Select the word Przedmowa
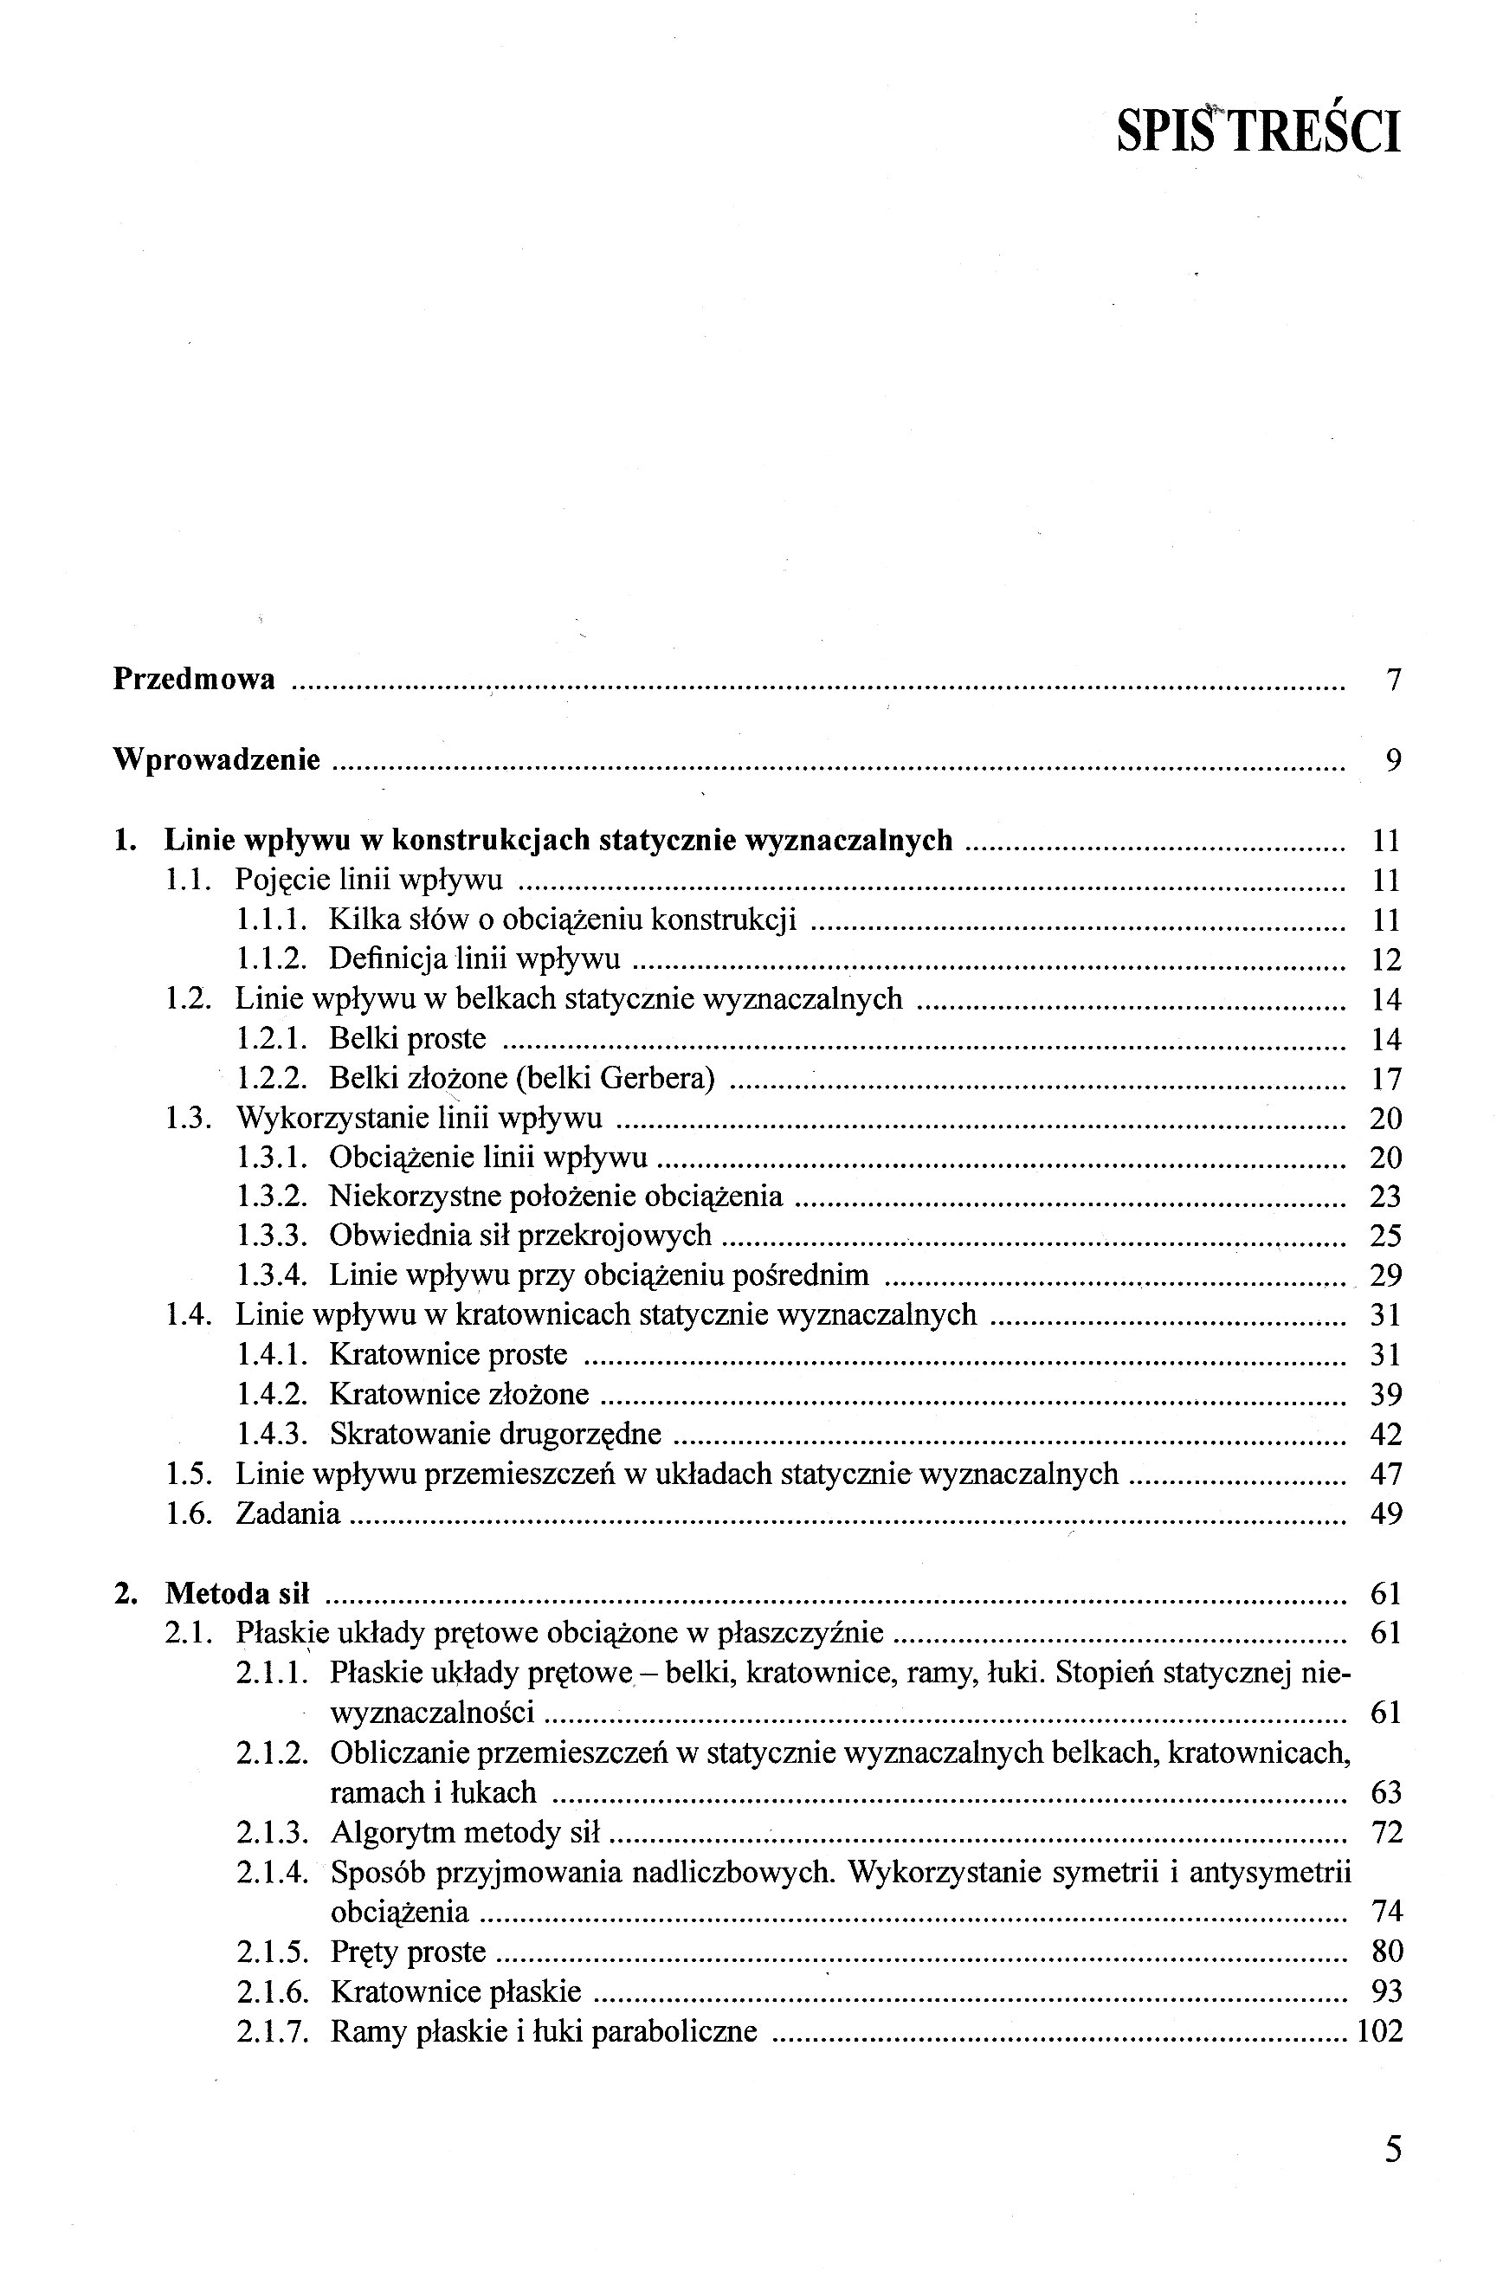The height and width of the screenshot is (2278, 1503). coord(194,680)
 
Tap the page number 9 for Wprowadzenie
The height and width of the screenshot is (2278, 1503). coord(1393,761)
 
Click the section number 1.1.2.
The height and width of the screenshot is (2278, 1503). coord(271,959)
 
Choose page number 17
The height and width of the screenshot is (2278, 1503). coord(1386,1079)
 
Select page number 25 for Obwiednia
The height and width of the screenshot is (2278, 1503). coord(1386,1236)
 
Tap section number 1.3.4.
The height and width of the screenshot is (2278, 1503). coord(271,1275)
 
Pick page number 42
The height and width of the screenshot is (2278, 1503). coord(1386,1435)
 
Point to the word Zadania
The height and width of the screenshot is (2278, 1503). coord(287,1513)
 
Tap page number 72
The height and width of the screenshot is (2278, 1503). coord(1386,1833)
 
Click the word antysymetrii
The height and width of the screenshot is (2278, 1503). coord(1270,1872)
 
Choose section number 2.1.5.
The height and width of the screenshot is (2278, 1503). coord(272,1952)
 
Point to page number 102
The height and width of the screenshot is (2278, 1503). coord(1379,2030)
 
